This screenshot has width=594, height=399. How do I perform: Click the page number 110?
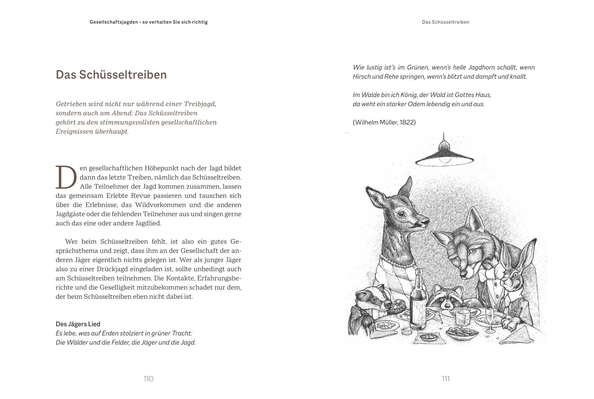click(x=148, y=379)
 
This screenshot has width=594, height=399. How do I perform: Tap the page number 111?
click(x=446, y=379)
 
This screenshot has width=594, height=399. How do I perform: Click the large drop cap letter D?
click(x=66, y=177)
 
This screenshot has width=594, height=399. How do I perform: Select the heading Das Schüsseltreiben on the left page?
click(x=111, y=75)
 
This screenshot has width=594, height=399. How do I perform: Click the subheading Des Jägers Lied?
click(x=78, y=324)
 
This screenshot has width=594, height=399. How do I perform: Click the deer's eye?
click(x=401, y=214)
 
